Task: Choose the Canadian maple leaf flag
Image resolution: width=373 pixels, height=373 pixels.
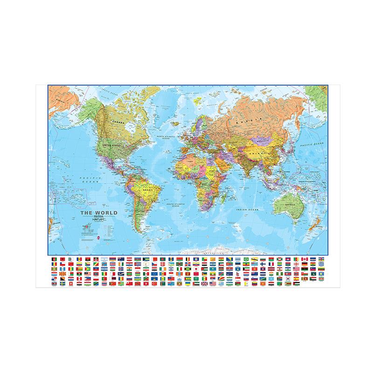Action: [304, 259]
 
